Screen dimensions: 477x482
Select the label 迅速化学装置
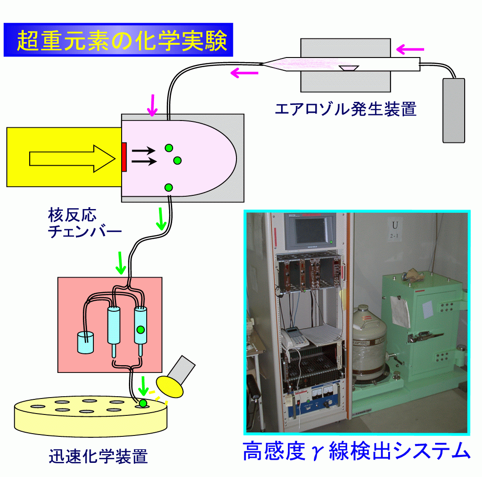98,456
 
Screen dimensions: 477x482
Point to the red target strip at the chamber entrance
124,157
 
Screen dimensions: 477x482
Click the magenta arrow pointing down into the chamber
153,106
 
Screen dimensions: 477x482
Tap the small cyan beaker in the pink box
85,342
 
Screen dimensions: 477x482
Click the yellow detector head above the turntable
169,386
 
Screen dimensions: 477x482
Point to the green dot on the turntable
144,404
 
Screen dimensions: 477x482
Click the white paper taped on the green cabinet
400,311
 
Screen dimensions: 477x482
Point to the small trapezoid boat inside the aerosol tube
349,68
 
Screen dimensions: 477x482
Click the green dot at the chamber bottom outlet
169,187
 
